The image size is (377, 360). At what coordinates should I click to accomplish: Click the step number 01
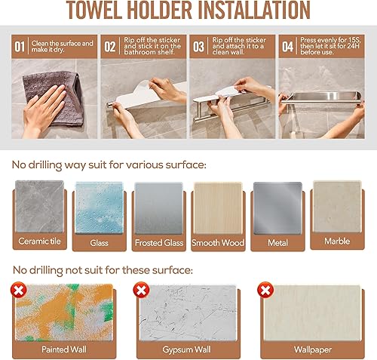click(x=20, y=47)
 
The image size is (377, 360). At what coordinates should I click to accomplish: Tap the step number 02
click(x=110, y=47)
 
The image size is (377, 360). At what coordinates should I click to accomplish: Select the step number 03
click(x=198, y=47)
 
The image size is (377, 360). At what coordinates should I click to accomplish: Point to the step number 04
click(x=287, y=47)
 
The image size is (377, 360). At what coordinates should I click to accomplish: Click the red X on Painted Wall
click(x=19, y=290)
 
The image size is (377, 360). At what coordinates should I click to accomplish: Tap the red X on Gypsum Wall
click(x=141, y=290)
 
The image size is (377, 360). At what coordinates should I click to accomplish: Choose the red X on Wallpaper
click(x=265, y=290)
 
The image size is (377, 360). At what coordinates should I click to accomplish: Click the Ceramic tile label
click(x=39, y=242)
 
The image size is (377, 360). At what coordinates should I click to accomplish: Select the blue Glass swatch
click(x=100, y=208)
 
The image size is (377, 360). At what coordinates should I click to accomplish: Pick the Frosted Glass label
click(x=159, y=243)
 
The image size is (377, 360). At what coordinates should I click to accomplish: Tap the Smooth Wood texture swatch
click(x=218, y=208)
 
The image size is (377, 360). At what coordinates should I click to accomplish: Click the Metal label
click(x=277, y=243)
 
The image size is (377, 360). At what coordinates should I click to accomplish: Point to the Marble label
click(x=337, y=242)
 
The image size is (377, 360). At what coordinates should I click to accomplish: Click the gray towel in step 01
click(x=54, y=97)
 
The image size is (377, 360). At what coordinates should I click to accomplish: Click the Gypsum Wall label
click(x=186, y=349)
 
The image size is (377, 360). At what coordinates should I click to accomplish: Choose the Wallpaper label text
click(x=313, y=349)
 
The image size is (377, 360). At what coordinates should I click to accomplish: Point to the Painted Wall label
click(x=64, y=349)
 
